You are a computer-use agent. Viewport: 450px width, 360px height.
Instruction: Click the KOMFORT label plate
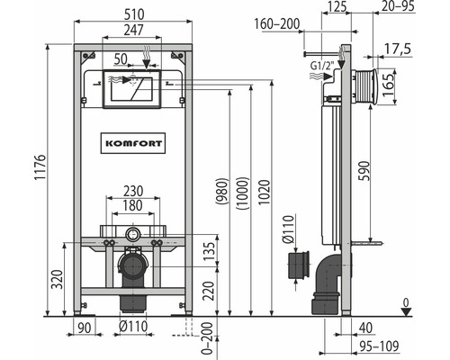(133, 143)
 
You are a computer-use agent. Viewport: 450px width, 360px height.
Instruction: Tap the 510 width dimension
(133, 14)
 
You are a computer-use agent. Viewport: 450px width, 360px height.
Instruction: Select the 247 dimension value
(133, 30)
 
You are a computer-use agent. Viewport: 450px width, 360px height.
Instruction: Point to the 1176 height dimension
(40, 167)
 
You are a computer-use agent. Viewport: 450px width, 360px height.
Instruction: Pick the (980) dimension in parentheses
(222, 192)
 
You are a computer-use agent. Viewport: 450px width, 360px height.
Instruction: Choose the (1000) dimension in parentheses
(242, 193)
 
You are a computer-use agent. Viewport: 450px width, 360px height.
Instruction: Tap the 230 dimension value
(133, 191)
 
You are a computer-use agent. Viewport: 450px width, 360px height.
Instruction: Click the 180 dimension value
(132, 205)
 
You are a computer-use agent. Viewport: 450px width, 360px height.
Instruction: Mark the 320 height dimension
(57, 280)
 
